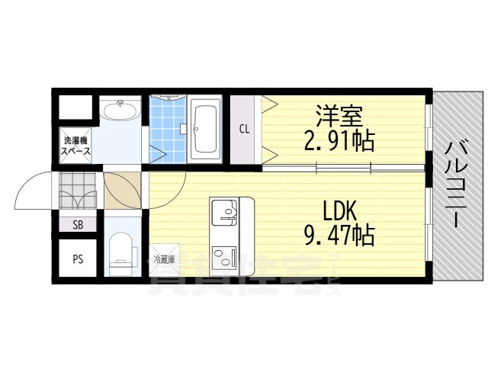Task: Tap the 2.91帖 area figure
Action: (339, 141)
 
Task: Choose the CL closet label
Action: (245, 129)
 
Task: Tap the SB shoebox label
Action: (78, 224)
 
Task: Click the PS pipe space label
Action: (78, 258)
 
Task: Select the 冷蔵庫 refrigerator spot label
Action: (164, 259)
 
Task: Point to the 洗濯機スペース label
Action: (76, 146)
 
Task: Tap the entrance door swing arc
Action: (37, 192)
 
